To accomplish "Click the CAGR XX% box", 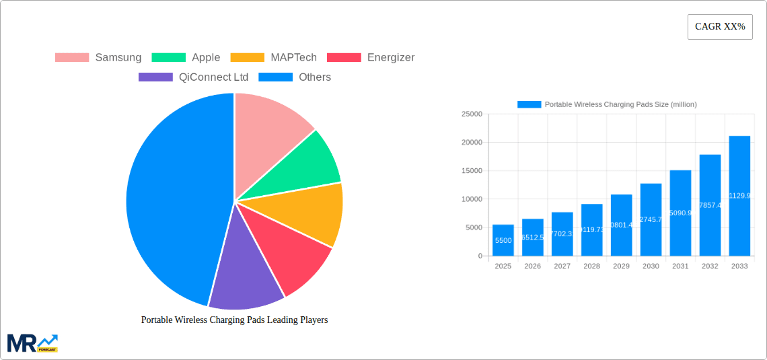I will point(720,27).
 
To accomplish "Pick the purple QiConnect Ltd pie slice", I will point(246,269).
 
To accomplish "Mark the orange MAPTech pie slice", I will point(309,212).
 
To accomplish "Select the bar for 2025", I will point(503,240).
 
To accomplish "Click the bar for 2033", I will point(739,196).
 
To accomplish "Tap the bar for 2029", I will point(621,225).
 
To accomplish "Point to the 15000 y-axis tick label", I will point(472,171).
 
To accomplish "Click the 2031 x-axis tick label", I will point(680,266).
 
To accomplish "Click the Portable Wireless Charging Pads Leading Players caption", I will point(234,320).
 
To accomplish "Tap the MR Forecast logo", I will point(32,343).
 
